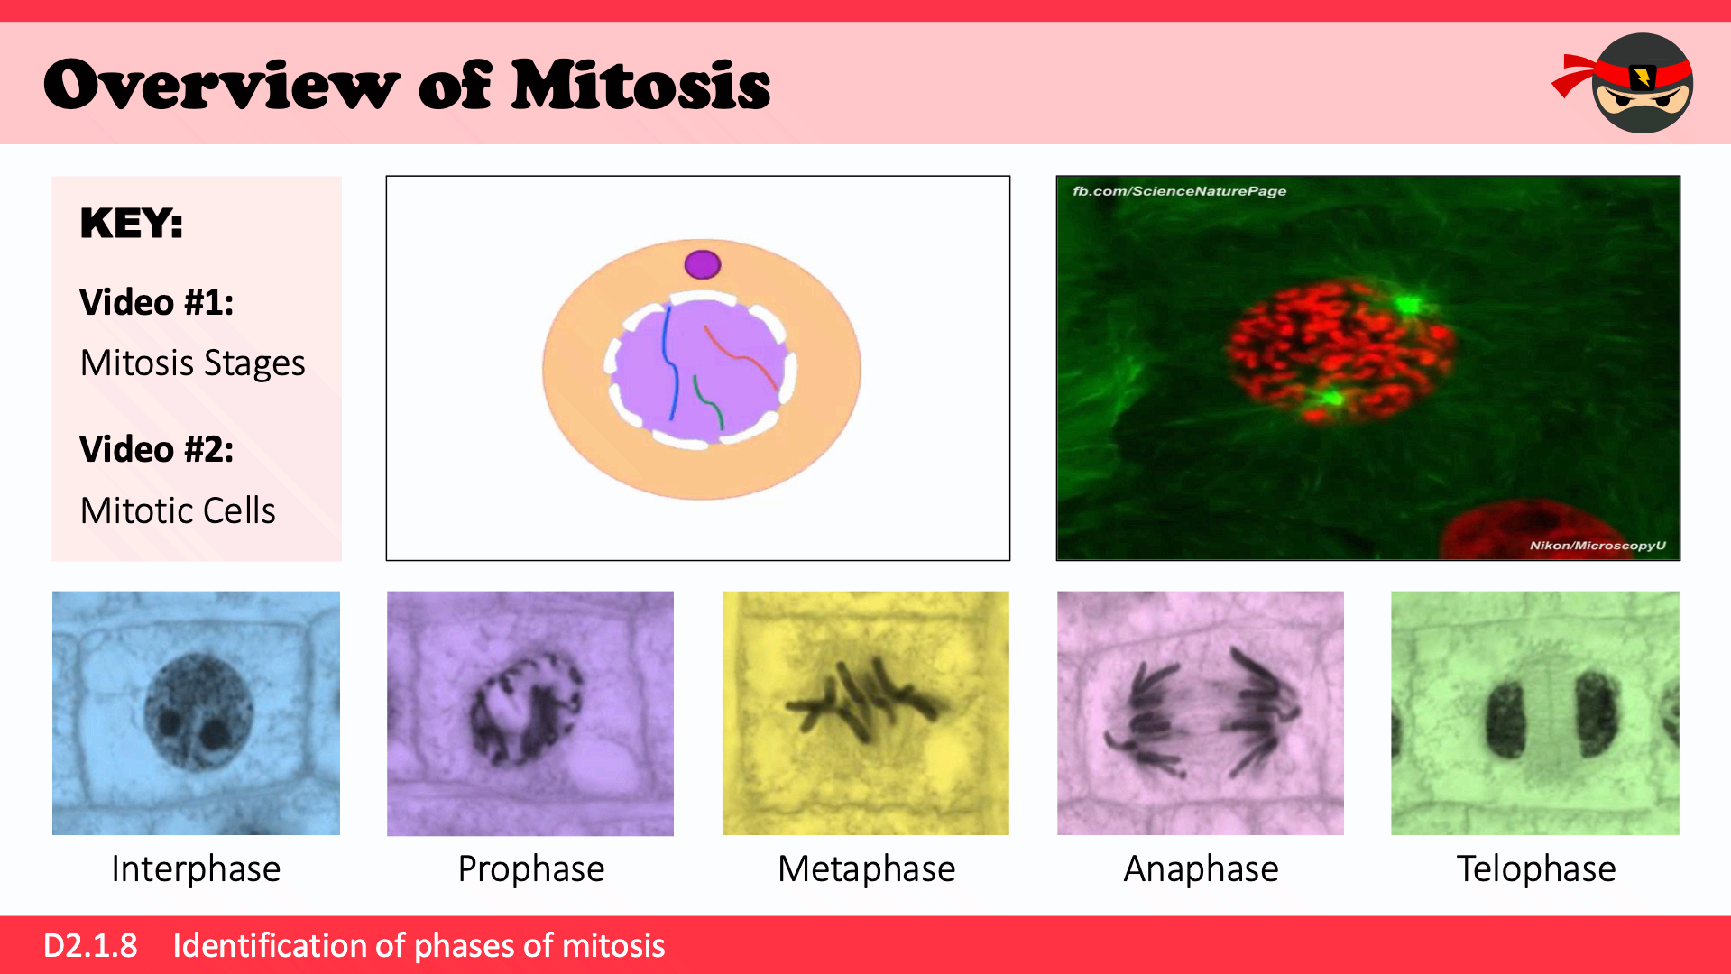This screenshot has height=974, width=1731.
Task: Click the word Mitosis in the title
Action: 640,85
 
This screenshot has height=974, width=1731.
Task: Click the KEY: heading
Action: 132,223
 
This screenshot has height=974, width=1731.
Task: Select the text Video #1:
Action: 157,302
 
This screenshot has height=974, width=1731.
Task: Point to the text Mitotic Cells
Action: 178,510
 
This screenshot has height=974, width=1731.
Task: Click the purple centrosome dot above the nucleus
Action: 703,264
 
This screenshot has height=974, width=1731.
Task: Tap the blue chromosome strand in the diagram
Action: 670,363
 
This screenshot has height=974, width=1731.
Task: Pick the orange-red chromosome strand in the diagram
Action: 741,357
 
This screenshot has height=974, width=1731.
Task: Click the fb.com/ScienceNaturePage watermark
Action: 1179,191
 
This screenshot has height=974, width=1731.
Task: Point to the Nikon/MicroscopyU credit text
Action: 1597,546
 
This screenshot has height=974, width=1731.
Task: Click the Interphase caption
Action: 196,869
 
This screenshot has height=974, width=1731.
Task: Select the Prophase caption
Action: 531,869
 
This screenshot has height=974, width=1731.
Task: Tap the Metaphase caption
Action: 866,869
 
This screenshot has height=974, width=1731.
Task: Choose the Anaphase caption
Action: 1201,869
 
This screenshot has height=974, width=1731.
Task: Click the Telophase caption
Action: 1536,869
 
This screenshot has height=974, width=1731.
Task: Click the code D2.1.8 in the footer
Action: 90,945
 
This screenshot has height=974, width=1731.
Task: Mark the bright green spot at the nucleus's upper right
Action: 1408,305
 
